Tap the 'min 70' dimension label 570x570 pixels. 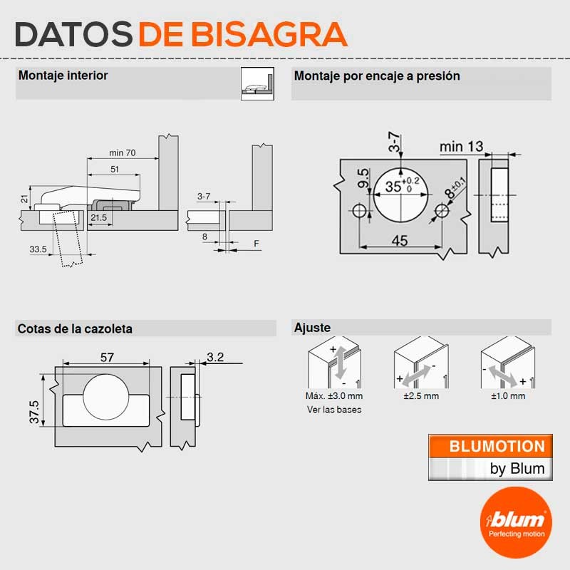click(123, 152)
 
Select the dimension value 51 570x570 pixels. click(115, 169)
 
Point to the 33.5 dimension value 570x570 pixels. click(38, 249)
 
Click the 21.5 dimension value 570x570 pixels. click(99, 217)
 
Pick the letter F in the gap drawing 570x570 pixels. click(256, 244)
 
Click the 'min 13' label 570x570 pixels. click(461, 147)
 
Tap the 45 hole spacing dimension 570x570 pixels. click(400, 240)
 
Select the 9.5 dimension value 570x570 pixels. click(363, 178)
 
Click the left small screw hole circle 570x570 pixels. click(359, 210)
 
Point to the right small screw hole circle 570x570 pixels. click(442, 210)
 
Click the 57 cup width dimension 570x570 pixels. click(108, 358)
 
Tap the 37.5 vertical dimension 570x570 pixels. click(34, 412)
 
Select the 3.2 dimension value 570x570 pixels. click(215, 357)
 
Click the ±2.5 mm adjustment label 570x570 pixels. click(421, 396)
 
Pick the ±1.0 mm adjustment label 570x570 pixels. click(508, 396)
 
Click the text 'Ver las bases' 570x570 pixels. click(334, 410)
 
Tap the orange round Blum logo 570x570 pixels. click(516, 523)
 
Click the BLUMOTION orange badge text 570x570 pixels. click(497, 447)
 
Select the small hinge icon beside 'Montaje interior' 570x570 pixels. click(257, 83)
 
